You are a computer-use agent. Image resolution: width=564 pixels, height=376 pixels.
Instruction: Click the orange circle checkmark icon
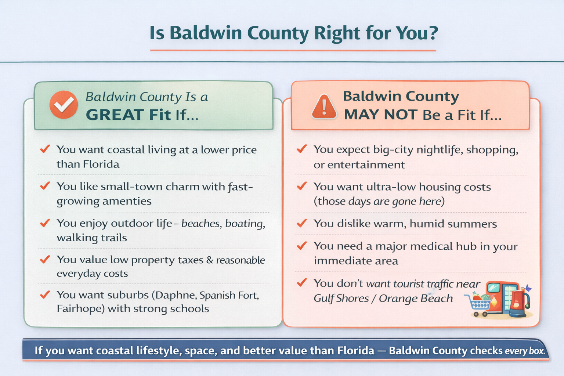pyautogui.click(x=64, y=105)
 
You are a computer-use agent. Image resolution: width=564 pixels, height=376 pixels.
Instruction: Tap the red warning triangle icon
pyautogui.click(x=324, y=106)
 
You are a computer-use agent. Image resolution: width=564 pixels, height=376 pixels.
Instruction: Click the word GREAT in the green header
pyautogui.click(x=115, y=115)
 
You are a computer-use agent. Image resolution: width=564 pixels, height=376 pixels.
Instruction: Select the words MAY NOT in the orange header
pyautogui.click(x=381, y=115)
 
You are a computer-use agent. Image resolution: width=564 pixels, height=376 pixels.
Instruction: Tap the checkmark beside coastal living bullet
pyautogui.click(x=45, y=149)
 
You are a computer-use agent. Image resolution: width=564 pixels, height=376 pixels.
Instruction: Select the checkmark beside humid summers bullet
pyautogui.click(x=302, y=223)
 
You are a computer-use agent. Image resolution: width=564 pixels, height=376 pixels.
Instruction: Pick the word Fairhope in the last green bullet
pyautogui.click(x=79, y=309)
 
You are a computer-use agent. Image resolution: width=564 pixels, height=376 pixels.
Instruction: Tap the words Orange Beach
pyautogui.click(x=416, y=299)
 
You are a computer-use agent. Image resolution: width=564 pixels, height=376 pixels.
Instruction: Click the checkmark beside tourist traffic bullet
pyautogui.click(x=302, y=282)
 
